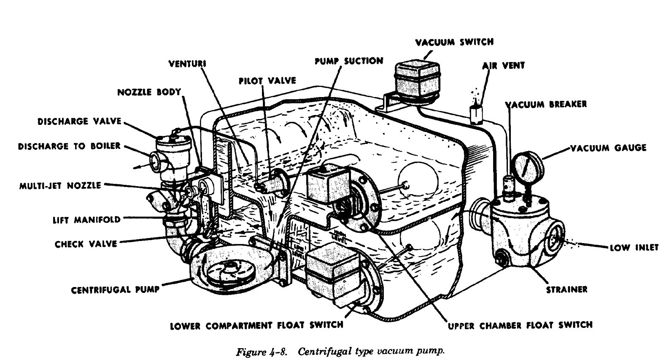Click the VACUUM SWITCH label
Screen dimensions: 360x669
click(x=454, y=42)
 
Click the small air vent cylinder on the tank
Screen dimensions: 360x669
click(x=476, y=113)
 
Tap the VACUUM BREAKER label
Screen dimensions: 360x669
click(x=546, y=104)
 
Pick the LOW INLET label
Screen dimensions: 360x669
click(x=634, y=247)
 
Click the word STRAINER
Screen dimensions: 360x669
click(x=566, y=290)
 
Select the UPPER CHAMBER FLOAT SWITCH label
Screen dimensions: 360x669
click(x=520, y=325)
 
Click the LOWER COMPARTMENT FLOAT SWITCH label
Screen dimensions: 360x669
click(x=256, y=325)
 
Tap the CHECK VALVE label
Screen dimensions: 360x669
click(x=86, y=244)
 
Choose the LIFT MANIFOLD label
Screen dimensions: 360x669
click(x=86, y=219)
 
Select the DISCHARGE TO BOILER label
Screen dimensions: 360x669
click(x=69, y=146)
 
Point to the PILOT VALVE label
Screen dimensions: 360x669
click(x=267, y=81)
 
